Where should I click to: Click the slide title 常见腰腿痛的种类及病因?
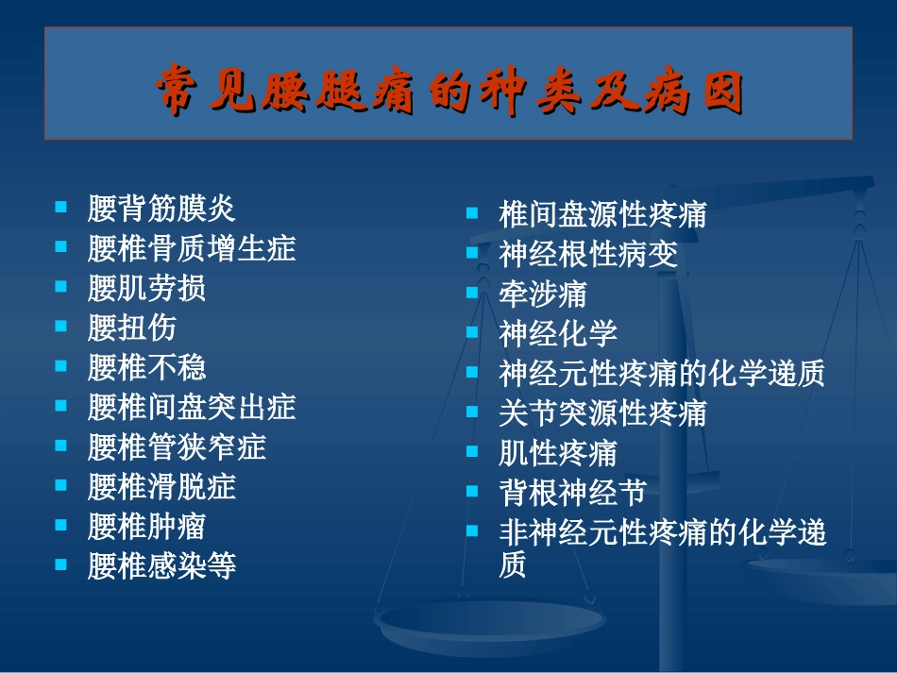(448, 91)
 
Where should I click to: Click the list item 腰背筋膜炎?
(161, 208)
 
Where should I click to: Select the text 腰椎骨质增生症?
(192, 248)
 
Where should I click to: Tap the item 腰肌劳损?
(146, 288)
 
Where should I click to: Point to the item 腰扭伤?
(131, 328)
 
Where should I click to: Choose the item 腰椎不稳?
(146, 367)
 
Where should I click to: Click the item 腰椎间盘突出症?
(192, 407)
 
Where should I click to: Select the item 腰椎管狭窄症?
(177, 446)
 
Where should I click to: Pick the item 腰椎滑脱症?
(161, 486)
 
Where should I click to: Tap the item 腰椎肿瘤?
(146, 526)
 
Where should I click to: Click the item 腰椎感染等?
(161, 565)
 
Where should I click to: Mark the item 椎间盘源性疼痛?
(602, 214)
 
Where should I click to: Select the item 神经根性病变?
(587, 254)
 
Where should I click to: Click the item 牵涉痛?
(543, 294)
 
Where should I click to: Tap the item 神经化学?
(558, 333)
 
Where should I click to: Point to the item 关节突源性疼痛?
(602, 412)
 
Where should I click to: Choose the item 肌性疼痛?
(558, 453)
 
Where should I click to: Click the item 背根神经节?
(572, 493)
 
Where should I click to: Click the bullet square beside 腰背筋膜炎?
(61, 206)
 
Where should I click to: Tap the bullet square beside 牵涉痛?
(472, 292)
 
